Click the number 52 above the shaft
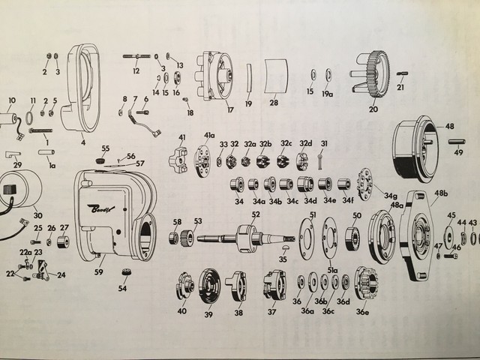(x=256, y=214)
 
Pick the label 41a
(x=208, y=136)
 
